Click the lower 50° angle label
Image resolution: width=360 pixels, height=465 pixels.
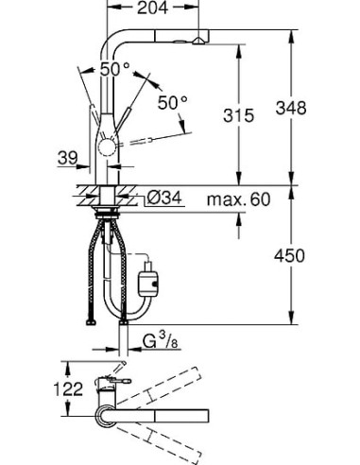pyautogui.click(x=174, y=101)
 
